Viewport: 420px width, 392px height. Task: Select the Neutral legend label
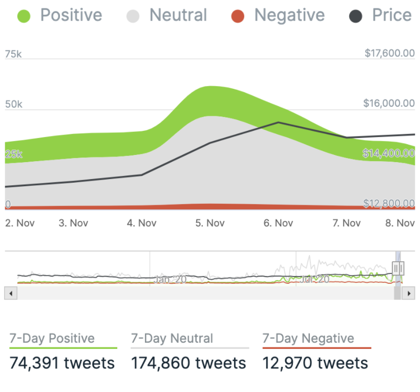coord(178,15)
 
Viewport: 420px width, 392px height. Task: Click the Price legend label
coord(392,15)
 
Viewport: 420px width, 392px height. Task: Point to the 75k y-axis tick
coord(13,54)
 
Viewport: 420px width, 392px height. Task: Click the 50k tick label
coord(13,104)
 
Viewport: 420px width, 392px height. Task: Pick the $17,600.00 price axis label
coord(389,53)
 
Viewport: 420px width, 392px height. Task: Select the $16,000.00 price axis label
coord(389,103)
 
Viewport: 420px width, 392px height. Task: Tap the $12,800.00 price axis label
coord(389,203)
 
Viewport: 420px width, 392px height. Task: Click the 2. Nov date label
coord(18,223)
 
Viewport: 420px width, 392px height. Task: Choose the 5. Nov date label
coord(209,223)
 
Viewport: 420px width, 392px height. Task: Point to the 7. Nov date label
coord(346,223)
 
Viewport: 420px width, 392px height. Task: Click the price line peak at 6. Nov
coord(278,122)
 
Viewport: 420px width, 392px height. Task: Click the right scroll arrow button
coord(408,293)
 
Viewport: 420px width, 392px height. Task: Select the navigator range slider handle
coord(398,267)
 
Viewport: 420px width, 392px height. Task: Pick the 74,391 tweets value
coord(62,363)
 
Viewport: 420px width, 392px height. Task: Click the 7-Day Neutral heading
coord(172,339)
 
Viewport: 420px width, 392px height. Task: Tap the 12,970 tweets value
coord(315,363)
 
